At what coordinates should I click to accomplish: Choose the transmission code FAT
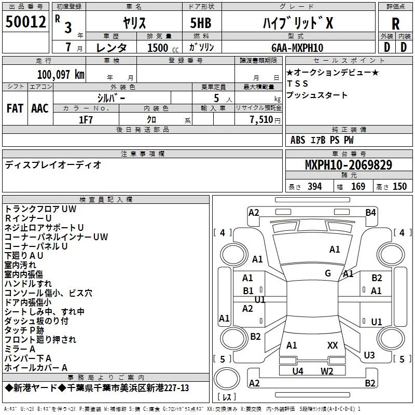15,108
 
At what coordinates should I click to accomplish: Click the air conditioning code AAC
40,108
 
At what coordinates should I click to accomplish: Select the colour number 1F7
86,119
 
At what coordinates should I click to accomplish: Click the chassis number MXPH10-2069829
348,165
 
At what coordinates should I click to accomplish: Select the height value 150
399,186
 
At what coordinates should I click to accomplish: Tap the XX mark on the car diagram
333,345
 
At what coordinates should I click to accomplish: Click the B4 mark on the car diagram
370,212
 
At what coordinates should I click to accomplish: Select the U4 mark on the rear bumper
297,371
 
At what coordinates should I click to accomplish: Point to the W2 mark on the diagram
326,371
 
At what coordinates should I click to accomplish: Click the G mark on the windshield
328,273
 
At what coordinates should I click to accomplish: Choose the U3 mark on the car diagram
369,355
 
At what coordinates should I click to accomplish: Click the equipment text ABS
298,140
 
